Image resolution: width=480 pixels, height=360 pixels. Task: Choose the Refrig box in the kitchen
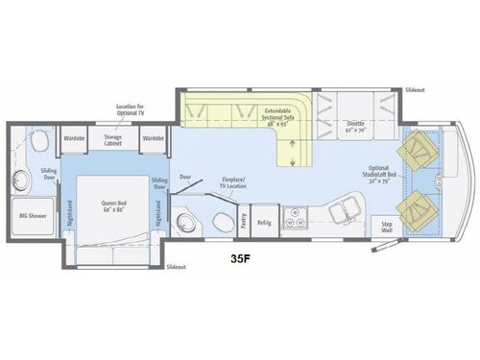[264, 223]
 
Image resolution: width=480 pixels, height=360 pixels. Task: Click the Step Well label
[388, 226]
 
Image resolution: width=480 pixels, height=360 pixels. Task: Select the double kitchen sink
[343, 208]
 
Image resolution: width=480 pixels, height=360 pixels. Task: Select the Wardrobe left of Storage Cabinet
[76, 138]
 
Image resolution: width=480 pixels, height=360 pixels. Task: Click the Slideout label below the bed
[177, 266]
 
